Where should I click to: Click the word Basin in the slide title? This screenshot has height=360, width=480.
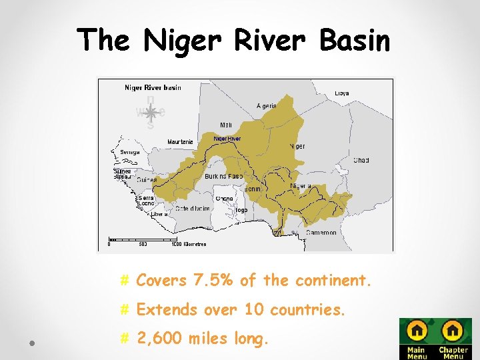(x=354, y=41)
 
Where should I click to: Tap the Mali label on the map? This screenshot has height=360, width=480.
(x=226, y=125)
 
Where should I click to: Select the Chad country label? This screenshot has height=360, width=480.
(x=361, y=160)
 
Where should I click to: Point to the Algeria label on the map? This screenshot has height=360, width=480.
(x=267, y=106)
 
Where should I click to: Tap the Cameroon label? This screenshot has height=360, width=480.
(x=321, y=233)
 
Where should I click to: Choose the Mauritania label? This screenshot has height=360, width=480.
(x=180, y=142)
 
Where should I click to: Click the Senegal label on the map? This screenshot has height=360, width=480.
(x=129, y=152)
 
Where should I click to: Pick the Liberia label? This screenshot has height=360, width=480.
(x=159, y=215)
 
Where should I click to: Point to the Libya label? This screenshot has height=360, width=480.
(x=341, y=93)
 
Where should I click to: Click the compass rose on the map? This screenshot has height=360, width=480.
(x=150, y=113)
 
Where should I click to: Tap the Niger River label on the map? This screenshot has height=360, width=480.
(x=227, y=139)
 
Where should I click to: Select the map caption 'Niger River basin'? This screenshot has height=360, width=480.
(x=153, y=87)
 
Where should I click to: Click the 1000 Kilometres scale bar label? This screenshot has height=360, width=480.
(x=188, y=244)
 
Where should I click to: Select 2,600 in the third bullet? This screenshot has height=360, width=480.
(x=159, y=339)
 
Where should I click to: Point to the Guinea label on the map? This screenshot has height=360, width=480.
(x=147, y=179)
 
